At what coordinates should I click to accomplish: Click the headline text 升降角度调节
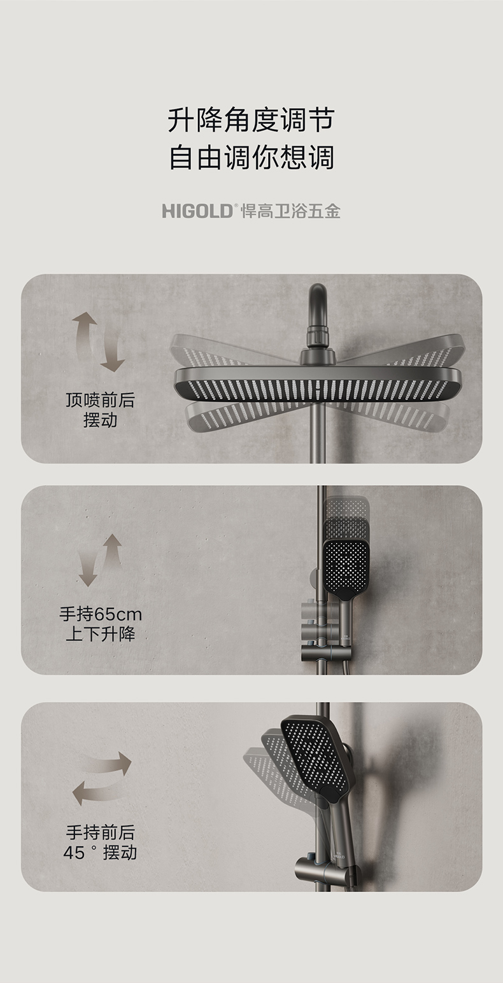click(x=251, y=120)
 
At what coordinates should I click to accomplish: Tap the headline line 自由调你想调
click(x=251, y=158)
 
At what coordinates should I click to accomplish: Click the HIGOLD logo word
click(x=197, y=211)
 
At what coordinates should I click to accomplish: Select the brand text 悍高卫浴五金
click(x=291, y=211)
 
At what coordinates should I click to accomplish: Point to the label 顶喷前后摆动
click(x=100, y=410)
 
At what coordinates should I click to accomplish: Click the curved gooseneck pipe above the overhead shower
click(x=318, y=303)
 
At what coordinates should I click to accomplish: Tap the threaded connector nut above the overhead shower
click(x=318, y=336)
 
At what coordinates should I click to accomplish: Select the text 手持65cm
click(x=101, y=614)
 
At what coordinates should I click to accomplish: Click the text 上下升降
click(x=101, y=634)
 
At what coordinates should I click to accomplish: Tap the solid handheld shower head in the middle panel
click(x=346, y=570)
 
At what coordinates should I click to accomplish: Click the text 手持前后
click(x=101, y=832)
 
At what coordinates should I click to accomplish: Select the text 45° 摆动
click(x=101, y=853)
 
